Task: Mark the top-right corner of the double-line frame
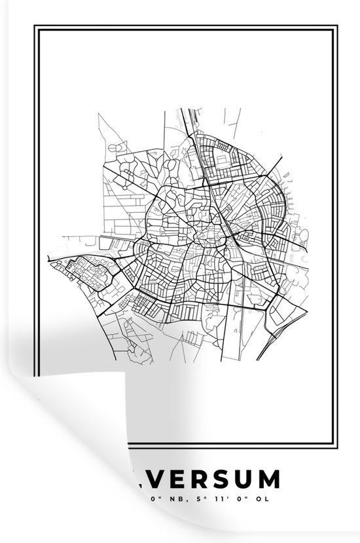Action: click(x=338, y=27)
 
